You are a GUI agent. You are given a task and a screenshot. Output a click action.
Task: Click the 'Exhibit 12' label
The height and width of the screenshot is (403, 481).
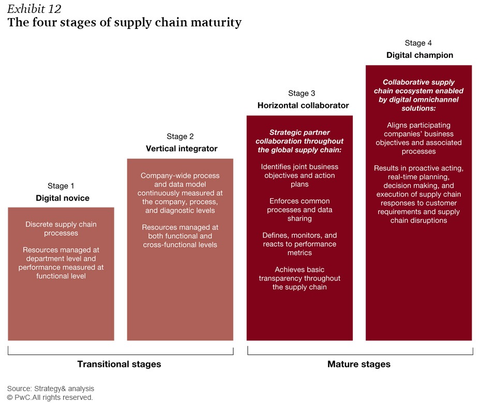click(34, 9)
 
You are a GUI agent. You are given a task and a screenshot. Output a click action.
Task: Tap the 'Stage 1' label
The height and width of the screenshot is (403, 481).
click(61, 185)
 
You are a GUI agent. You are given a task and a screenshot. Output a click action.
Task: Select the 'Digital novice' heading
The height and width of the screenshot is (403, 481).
click(63, 198)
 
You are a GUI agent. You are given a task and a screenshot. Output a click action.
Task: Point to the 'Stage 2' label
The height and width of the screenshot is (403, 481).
click(180, 136)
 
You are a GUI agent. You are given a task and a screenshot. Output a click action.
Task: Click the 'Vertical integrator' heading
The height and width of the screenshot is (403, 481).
click(182, 149)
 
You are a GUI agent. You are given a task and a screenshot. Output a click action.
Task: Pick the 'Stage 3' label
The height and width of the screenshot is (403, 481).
click(302, 93)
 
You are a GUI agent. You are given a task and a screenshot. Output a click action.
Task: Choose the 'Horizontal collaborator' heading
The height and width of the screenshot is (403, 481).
click(303, 105)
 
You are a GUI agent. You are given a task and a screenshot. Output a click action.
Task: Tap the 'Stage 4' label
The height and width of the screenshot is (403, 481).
click(418, 43)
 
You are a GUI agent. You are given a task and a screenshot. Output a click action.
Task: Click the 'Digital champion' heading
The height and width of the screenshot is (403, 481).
click(419, 55)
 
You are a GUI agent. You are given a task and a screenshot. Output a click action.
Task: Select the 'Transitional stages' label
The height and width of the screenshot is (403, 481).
click(119, 364)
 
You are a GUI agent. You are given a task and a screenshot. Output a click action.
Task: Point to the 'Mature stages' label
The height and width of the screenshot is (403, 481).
click(359, 364)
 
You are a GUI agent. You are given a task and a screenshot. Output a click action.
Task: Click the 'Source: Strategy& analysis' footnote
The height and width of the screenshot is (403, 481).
click(51, 389)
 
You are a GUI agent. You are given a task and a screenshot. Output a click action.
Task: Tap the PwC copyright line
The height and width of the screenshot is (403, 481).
click(50, 397)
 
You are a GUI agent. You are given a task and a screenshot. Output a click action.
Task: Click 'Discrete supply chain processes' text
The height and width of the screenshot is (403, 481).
click(61, 228)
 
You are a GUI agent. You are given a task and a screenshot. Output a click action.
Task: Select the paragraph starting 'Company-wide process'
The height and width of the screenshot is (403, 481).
click(180, 193)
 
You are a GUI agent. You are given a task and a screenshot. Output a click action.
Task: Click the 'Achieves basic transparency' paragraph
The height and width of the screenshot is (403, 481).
click(299, 278)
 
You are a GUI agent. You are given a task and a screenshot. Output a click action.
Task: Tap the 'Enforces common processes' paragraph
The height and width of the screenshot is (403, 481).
click(299, 210)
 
